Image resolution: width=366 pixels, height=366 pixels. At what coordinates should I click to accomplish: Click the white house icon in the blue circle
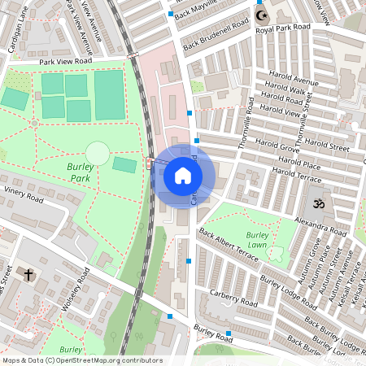click(x=183, y=175)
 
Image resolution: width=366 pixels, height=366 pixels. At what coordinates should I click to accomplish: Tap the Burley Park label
click(x=80, y=171)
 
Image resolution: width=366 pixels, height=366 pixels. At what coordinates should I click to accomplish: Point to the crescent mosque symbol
click(x=261, y=15)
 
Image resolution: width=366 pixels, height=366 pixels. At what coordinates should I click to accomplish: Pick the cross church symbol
click(x=28, y=275)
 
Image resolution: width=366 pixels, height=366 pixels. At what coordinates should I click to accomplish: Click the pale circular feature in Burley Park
click(x=97, y=152)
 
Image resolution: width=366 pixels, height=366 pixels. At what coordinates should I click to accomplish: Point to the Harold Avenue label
click(x=294, y=81)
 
